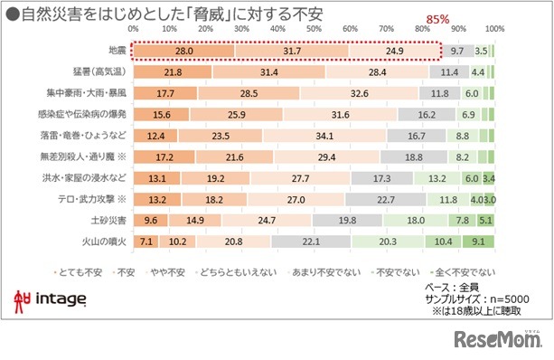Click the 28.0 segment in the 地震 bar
tap(184, 52)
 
